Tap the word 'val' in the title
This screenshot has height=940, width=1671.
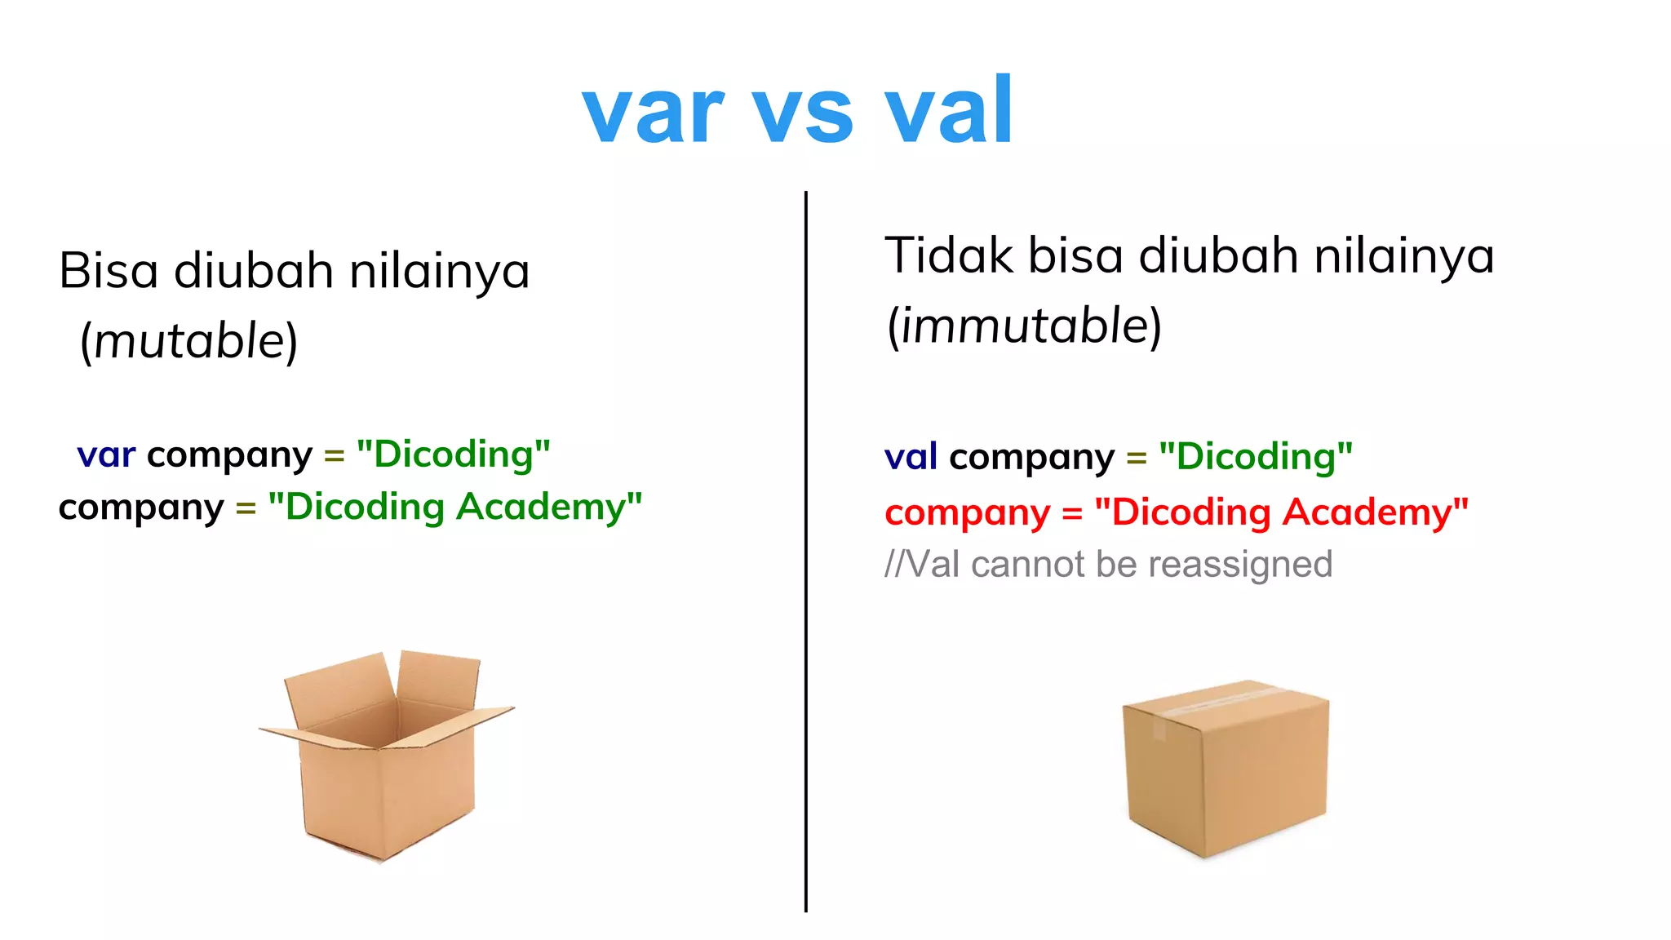[949, 110]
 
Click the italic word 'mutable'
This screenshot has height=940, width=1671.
[189, 341]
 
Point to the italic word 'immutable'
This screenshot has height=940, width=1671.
[1025, 326]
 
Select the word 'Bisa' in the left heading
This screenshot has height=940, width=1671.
[108, 271]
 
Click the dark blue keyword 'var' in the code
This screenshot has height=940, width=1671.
[106, 454]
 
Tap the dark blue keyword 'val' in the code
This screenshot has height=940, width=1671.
[911, 456]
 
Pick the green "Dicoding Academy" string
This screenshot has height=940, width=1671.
[454, 507]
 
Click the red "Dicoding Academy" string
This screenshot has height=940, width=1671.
[1281, 512]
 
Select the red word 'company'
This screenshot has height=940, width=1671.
[967, 513]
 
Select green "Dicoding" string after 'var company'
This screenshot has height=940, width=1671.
[454, 454]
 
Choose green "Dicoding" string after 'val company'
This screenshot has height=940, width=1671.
[1256, 456]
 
